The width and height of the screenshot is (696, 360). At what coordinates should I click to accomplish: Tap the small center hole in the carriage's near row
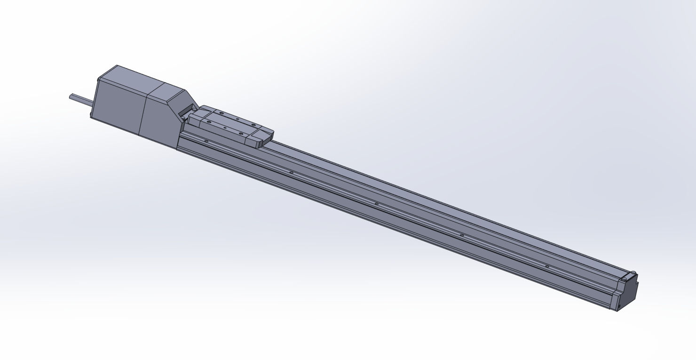tap(225, 128)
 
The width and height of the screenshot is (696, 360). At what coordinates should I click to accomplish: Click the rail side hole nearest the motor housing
tap(206, 141)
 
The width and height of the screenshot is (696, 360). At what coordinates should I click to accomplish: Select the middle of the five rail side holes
tap(376, 204)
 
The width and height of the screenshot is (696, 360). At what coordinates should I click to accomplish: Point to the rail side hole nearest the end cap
tap(547, 266)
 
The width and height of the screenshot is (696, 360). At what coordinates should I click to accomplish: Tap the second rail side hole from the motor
tap(291, 172)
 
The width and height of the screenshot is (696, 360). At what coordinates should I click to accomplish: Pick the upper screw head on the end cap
tap(633, 273)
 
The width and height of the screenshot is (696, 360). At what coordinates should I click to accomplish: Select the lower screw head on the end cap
tap(623, 280)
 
